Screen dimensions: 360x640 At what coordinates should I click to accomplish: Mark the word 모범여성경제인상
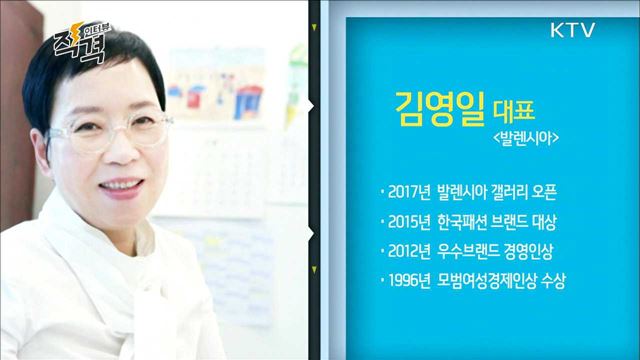500,278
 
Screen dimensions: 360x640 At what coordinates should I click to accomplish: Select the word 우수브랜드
483,249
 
